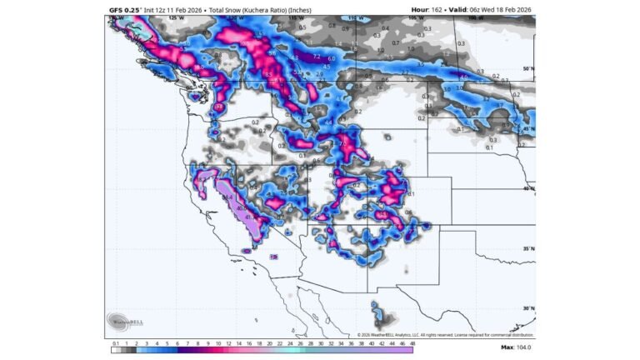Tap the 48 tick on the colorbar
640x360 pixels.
coord(412,342)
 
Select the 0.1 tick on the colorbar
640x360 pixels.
coord(115,342)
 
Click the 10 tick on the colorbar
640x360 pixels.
coord(208,342)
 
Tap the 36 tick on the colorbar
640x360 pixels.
coord(350,342)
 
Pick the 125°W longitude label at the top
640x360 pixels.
coord(175,17)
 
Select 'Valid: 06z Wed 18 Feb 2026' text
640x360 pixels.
coord(485,10)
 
